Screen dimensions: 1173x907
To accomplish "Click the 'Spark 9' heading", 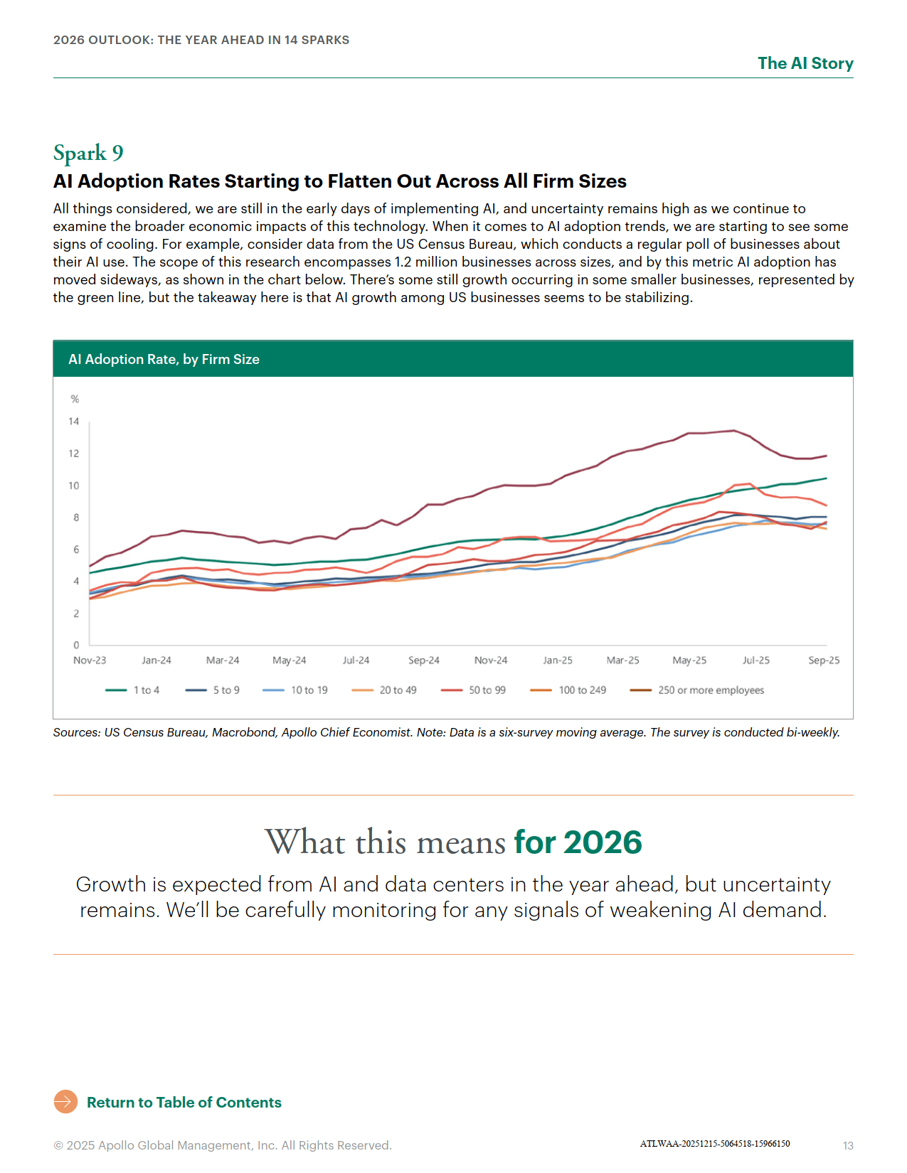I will point(88,153).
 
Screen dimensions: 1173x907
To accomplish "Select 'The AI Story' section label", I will point(805,63).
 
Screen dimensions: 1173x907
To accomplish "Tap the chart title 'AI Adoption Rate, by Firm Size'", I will point(164,359).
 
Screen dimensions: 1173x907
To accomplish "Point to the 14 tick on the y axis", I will point(74,422).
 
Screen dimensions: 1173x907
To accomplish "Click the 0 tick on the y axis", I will point(76,645).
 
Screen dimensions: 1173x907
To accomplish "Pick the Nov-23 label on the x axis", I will point(90,660).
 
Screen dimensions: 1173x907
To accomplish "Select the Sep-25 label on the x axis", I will point(824,660).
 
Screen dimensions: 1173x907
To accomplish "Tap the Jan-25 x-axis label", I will point(558,660).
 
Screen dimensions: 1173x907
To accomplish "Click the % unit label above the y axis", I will point(75,400).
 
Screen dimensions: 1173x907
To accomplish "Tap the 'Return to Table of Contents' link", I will point(184,1103).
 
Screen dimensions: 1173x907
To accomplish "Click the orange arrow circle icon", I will point(65,1102).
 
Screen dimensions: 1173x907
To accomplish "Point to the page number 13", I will point(848,1145).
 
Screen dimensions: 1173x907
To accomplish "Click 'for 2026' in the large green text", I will point(578,842).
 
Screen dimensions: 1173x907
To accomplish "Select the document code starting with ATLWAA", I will point(714,1144).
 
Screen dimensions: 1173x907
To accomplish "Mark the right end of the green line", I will point(826,478).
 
